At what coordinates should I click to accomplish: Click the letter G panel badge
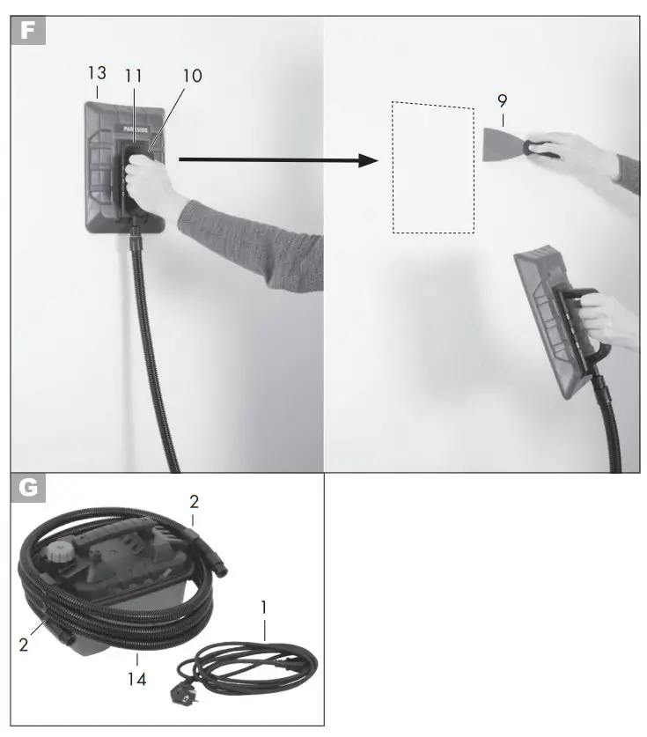coord(28,488)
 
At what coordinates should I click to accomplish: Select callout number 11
coord(133,77)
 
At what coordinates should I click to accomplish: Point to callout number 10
coord(192,77)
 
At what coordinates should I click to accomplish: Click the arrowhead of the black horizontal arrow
coord(369,159)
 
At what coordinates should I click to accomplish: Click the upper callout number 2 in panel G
coord(195,502)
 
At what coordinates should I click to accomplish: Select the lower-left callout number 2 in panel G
coord(24,643)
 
